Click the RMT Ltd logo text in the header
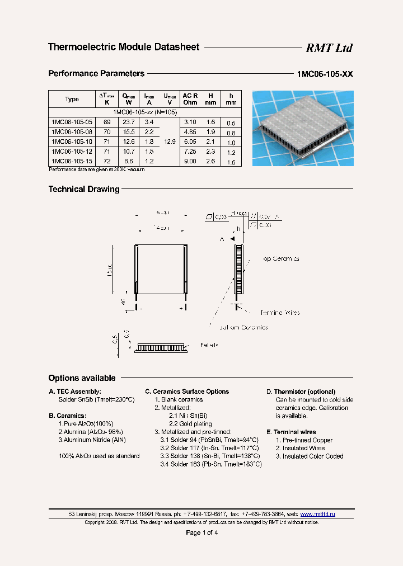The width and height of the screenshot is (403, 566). click(329, 48)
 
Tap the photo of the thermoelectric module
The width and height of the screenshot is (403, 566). click(303, 129)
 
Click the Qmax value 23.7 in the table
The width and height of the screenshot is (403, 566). click(129, 122)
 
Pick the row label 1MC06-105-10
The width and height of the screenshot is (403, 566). click(71, 142)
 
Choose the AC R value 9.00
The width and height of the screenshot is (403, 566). click(190, 161)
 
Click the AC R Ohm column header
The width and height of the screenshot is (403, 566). click(190, 99)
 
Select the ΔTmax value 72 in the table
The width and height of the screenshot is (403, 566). click(107, 161)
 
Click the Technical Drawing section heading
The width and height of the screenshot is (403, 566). click(84, 190)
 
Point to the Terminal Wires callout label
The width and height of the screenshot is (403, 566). click(279, 313)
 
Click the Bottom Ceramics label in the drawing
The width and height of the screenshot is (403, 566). click(243, 328)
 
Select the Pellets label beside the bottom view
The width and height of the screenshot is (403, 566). click(209, 346)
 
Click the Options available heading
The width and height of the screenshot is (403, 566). click(82, 378)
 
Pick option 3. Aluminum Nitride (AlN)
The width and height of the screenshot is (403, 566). click(92, 440)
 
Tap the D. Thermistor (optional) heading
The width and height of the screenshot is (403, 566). click(301, 392)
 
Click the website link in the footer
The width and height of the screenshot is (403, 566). click(317, 514)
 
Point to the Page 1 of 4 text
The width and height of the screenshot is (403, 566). click(201, 533)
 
